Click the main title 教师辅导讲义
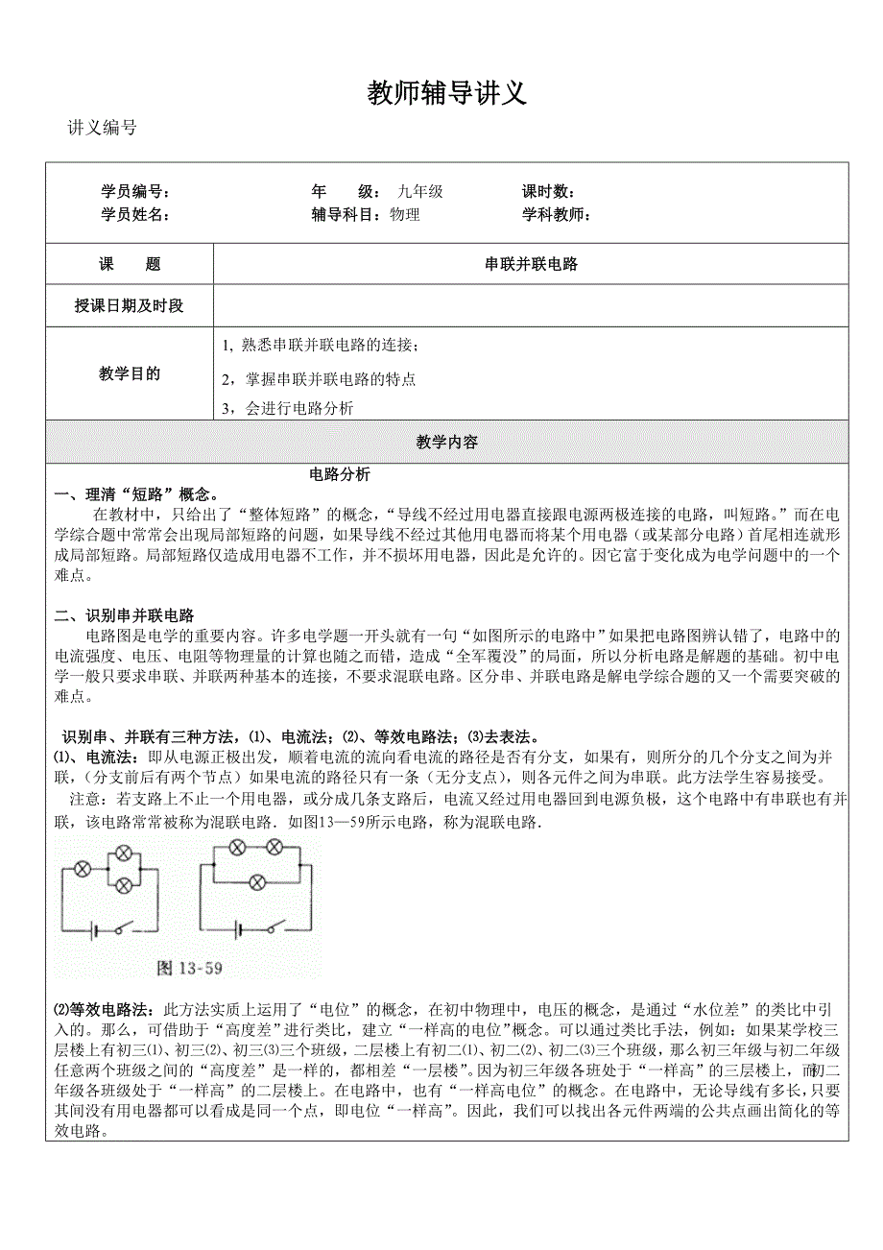pyautogui.click(x=447, y=94)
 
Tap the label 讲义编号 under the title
pyautogui.click(x=103, y=129)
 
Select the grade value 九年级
pyautogui.click(x=420, y=192)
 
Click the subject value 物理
pyautogui.click(x=405, y=215)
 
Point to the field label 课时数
pyautogui.click(x=548, y=192)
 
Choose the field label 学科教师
pyautogui.click(x=556, y=215)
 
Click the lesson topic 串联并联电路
pyautogui.click(x=531, y=265)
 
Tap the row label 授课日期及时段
pyautogui.click(x=130, y=306)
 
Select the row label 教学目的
pyautogui.click(x=130, y=374)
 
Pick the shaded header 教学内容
pyautogui.click(x=447, y=443)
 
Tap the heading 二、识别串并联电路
pyautogui.click(x=125, y=615)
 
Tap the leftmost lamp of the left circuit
pyautogui.click(x=83, y=869)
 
